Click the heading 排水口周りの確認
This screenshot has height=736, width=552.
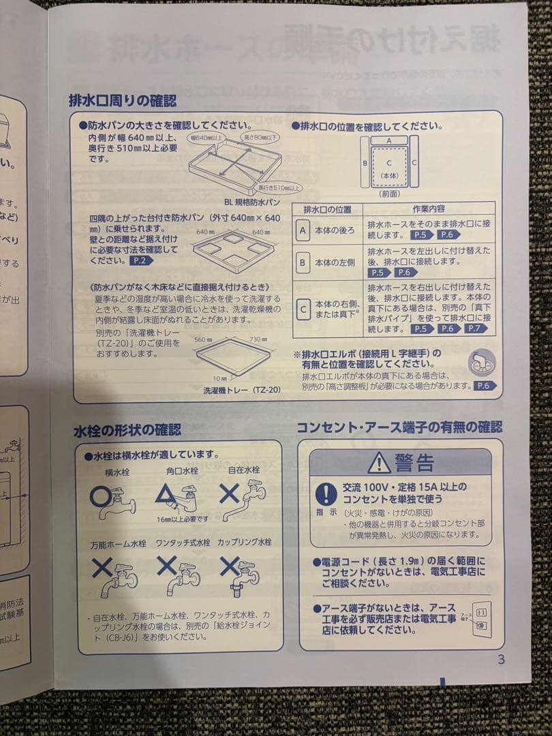tap(123, 101)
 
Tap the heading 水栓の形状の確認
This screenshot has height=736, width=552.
tap(127, 430)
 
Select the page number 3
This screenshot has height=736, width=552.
tap(501, 659)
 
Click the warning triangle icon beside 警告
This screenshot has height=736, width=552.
tap(379, 463)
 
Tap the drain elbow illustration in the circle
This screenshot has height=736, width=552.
tap(481, 363)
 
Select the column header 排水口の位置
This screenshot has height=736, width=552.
tap(327, 209)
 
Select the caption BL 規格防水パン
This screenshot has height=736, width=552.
tap(251, 202)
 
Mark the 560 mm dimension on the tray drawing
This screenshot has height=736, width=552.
tap(204, 339)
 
